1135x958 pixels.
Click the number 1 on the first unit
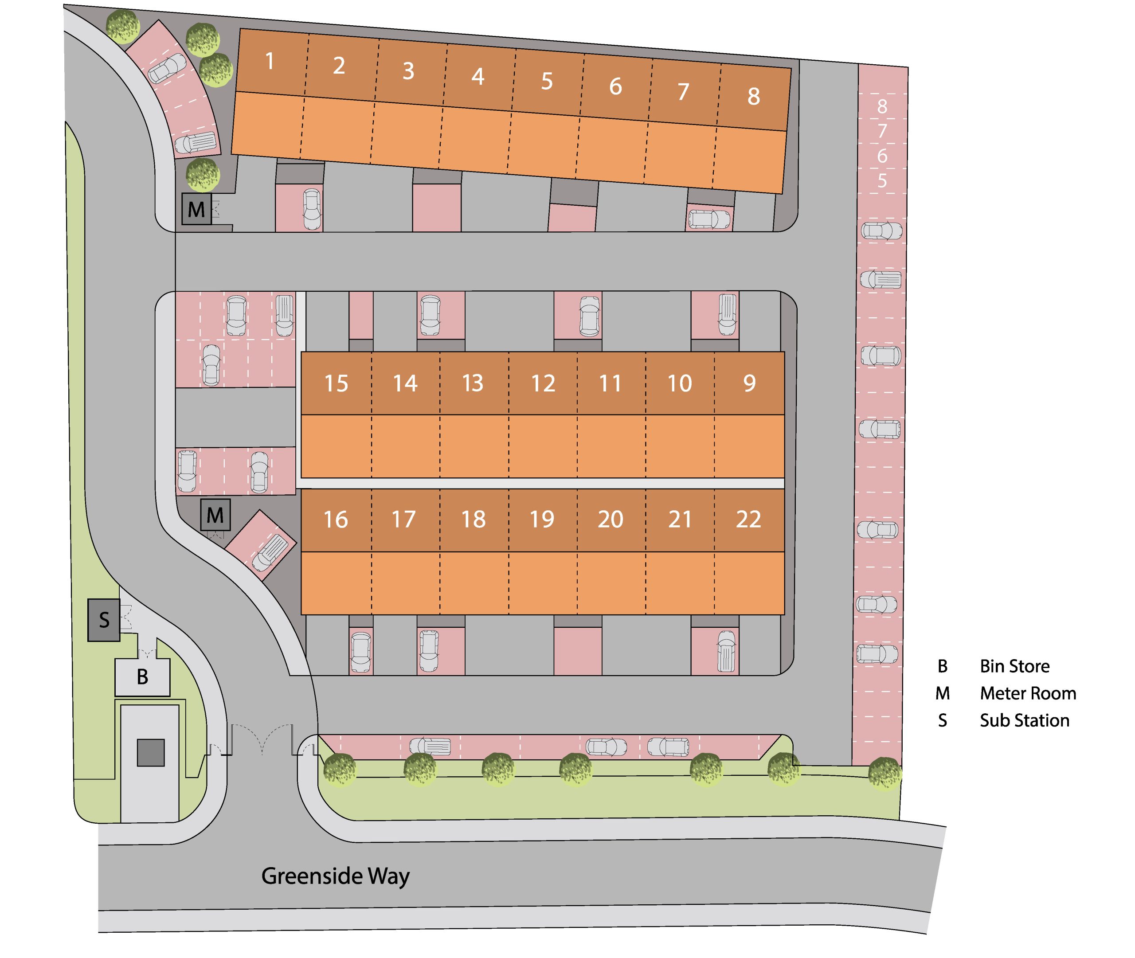(x=270, y=61)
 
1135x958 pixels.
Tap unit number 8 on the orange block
(x=753, y=97)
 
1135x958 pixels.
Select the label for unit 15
(x=336, y=383)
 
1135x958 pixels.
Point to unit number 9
(x=749, y=383)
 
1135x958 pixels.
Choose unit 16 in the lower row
(x=336, y=520)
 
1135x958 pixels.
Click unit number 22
(x=748, y=520)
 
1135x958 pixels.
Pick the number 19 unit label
(x=542, y=520)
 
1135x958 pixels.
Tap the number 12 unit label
(x=543, y=383)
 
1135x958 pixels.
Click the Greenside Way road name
(x=335, y=876)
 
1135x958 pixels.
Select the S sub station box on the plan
(x=104, y=620)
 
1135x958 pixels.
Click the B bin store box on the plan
(x=142, y=676)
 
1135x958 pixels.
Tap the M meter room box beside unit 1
(x=196, y=209)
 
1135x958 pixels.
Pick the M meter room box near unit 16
(x=215, y=515)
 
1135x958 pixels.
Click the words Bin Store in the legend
(x=1014, y=666)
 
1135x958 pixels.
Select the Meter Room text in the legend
(x=1027, y=693)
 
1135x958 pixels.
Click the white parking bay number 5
(x=882, y=181)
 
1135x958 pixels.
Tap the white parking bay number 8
(x=882, y=106)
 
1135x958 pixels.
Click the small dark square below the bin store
(x=150, y=752)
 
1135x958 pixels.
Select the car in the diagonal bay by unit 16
(x=270, y=553)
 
